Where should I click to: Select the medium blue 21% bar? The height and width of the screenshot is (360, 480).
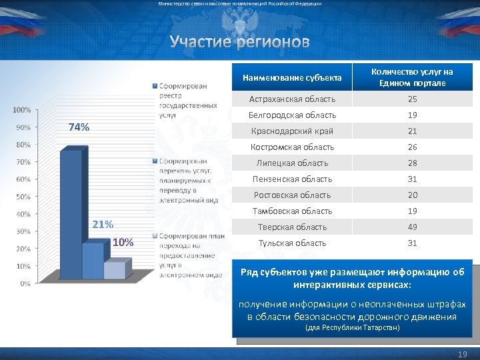[x=93, y=261]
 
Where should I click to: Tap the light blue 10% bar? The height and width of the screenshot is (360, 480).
[x=114, y=270]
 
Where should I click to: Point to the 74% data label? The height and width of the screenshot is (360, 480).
[x=79, y=127]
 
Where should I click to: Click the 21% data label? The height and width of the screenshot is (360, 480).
[x=102, y=224]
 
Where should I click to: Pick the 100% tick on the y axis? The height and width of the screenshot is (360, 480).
[x=21, y=109]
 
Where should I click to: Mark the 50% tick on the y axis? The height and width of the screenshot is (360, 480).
[x=23, y=197]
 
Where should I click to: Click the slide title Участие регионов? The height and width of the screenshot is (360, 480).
[x=239, y=43]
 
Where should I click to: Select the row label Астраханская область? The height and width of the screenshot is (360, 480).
[x=293, y=99]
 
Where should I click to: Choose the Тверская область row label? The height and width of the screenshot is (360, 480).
[x=293, y=227]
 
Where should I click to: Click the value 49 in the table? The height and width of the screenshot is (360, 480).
[x=413, y=227]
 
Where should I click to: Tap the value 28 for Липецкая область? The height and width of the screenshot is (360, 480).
[x=413, y=163]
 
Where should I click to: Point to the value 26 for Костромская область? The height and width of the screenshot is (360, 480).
[x=413, y=147]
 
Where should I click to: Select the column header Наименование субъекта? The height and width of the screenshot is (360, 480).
[x=292, y=78]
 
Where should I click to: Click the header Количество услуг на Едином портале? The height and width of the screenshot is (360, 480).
[x=412, y=77]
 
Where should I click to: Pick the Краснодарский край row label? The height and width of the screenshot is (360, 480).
[x=292, y=131]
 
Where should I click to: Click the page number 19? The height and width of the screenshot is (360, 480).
[x=463, y=354]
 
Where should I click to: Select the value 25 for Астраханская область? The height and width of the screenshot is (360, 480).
[x=413, y=99]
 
